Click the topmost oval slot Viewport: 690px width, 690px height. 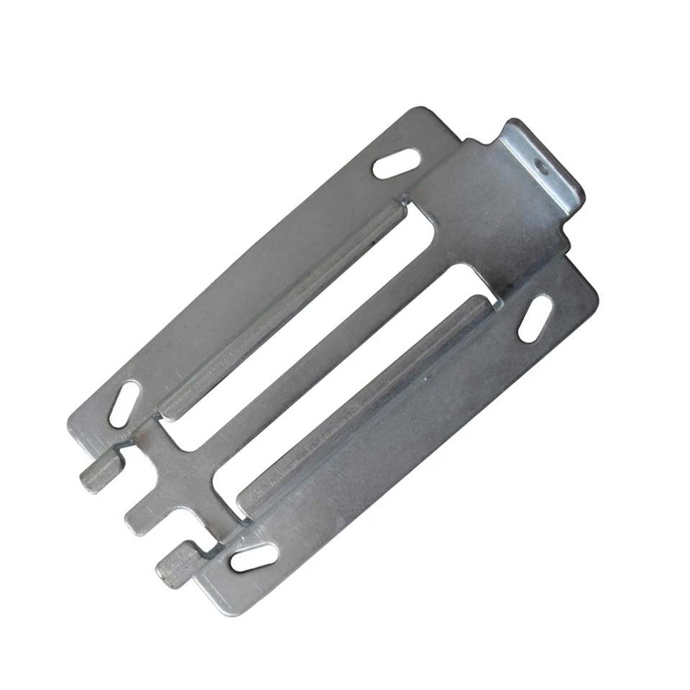(397, 165)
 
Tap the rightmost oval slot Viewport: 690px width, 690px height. (535, 318)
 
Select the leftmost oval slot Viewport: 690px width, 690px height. (124, 404)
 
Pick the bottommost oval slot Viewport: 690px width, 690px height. (254, 558)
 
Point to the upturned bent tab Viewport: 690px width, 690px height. (543, 162)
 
